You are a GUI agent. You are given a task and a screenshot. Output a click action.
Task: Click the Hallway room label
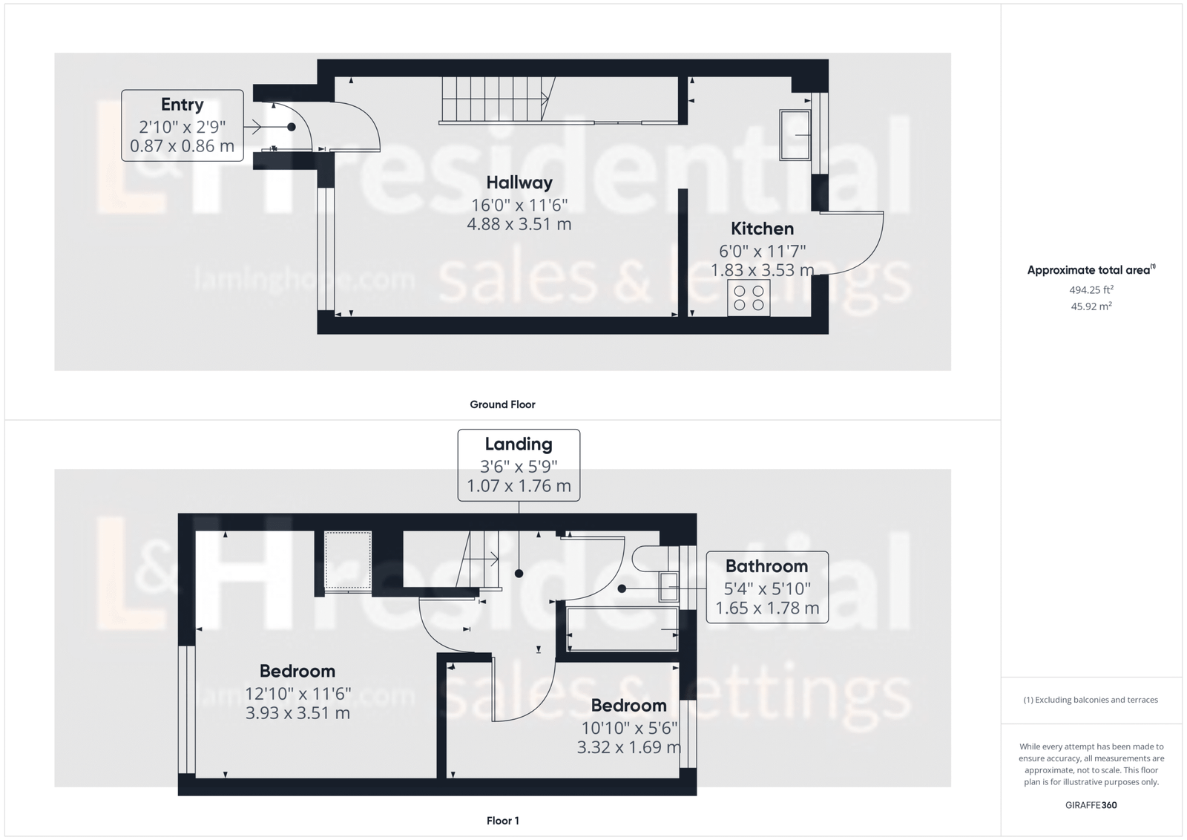[x=519, y=183]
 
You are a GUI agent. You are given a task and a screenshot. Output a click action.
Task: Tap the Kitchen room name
[x=762, y=229]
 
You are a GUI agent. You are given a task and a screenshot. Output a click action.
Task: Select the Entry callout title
[x=183, y=105]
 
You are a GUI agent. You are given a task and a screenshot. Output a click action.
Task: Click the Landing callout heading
[x=519, y=444]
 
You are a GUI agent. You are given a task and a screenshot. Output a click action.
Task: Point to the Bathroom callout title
[x=767, y=566]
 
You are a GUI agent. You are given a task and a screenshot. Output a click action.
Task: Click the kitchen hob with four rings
[x=749, y=298]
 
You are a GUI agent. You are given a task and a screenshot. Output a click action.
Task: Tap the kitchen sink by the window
[x=795, y=135]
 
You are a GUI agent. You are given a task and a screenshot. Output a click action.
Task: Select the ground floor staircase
[x=498, y=99]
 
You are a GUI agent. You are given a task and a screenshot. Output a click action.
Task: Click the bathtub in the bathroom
[x=622, y=629]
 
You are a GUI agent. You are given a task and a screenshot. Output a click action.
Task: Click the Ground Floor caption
[x=502, y=404]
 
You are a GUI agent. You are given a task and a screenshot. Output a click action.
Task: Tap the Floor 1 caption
[x=503, y=821]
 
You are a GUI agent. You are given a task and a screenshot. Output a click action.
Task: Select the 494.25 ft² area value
[x=1091, y=290]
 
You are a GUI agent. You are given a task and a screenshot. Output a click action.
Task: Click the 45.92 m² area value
[x=1091, y=306]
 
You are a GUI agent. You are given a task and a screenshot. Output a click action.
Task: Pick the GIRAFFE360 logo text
[x=1091, y=806]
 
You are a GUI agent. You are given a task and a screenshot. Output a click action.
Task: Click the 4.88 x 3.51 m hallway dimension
[x=519, y=224]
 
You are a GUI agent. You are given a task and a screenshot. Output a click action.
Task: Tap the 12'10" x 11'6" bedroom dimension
[x=297, y=694]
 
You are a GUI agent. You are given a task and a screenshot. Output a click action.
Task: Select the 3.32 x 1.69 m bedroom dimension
[x=629, y=747]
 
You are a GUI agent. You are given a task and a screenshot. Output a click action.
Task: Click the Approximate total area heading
[x=1091, y=270]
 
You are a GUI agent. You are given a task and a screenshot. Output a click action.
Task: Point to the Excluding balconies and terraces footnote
[x=1091, y=700]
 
